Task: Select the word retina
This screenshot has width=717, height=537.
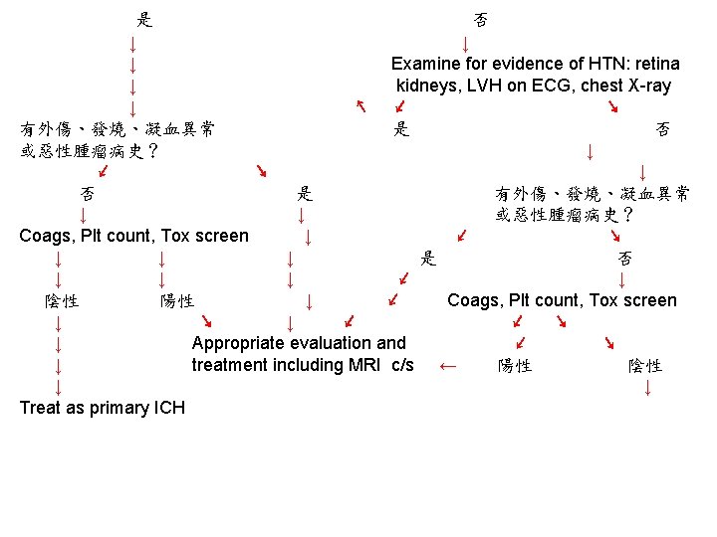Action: pos(652,64)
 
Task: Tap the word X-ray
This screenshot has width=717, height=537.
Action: pos(646,86)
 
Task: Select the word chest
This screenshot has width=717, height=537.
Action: pos(601,86)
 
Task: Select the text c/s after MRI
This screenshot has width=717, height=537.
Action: pos(402,365)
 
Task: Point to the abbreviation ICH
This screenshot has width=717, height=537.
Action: pos(169,408)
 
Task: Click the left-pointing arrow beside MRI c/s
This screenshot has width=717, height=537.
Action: pos(448,366)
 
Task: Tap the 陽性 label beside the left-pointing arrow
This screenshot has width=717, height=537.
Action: pos(515,366)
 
